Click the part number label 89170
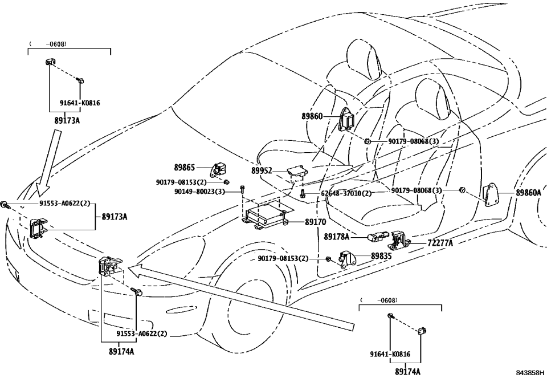[316, 222]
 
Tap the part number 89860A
[528, 193]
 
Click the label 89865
[185, 168]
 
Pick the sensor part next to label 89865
[220, 170]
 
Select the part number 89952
[262, 170]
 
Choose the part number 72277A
[440, 243]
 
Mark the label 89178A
[337, 236]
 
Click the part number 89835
[381, 257]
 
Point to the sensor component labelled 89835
[347, 259]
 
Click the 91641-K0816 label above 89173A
[80, 103]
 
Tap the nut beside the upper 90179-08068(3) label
[369, 141]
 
